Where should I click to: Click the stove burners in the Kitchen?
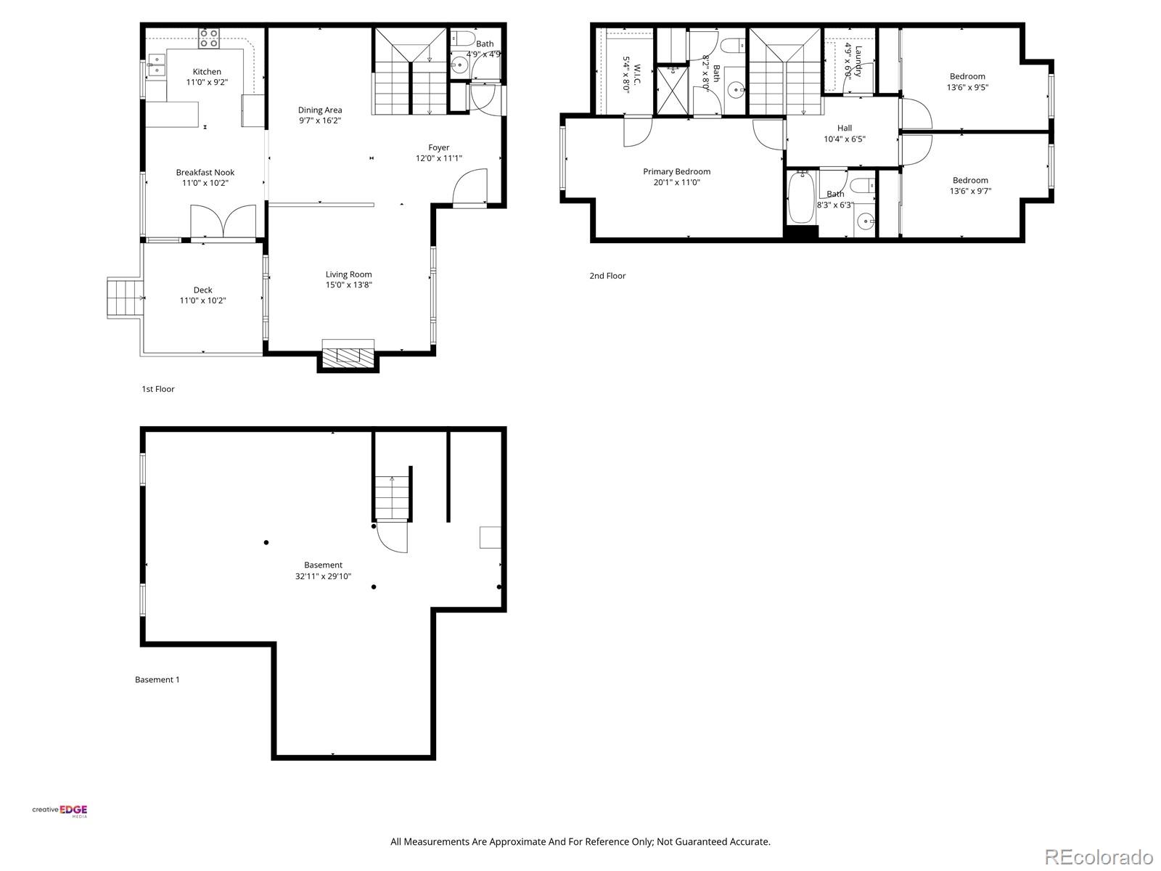[x=209, y=38]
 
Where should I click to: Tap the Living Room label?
[x=348, y=274]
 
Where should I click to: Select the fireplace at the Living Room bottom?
[x=348, y=356]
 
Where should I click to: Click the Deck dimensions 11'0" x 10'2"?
[x=203, y=300]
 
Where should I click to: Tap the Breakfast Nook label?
[x=205, y=172]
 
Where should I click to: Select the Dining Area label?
[x=320, y=110]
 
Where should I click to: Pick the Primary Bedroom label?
[x=676, y=171]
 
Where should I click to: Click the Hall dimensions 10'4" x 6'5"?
[x=845, y=139]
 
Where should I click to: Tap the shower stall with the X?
[x=672, y=90]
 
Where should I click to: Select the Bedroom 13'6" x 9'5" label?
[x=967, y=76]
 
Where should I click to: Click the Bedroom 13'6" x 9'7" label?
[x=970, y=180]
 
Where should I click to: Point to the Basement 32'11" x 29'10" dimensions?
[x=323, y=576]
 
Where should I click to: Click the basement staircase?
[x=393, y=497]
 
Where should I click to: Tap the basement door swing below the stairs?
[x=393, y=537]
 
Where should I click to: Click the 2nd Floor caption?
[x=607, y=276]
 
